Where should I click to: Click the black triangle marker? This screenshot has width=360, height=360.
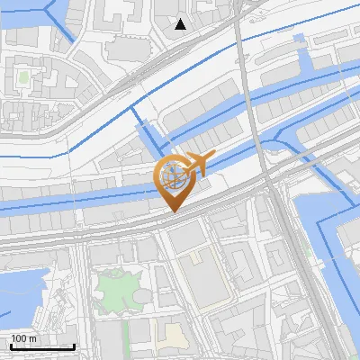click(181, 24)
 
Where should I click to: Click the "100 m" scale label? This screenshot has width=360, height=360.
click(24, 338)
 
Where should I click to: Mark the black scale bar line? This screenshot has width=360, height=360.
click(42, 346)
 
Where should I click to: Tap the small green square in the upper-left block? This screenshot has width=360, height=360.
click(22, 77)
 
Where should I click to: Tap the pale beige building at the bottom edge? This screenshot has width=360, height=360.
click(173, 335)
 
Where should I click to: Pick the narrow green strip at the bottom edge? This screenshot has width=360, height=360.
click(126, 337)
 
